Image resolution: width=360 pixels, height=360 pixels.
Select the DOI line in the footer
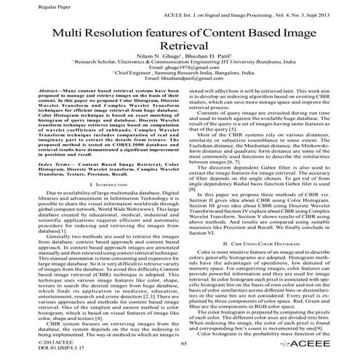pyautogui.click(x=30, y=348)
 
